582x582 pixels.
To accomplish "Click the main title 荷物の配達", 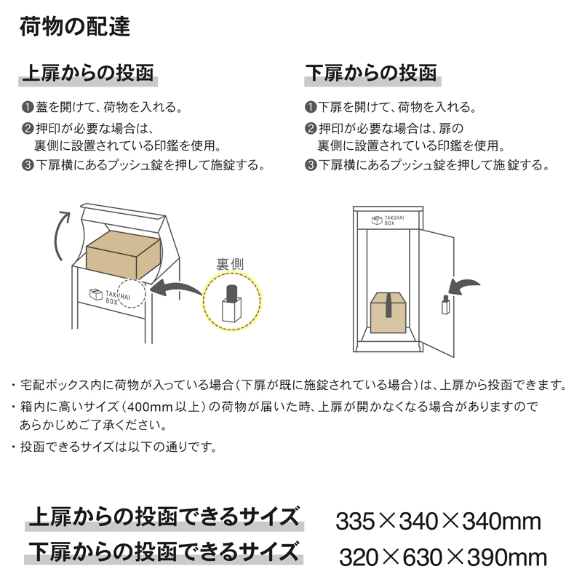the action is tap(75, 27).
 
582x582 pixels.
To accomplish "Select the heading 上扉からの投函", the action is tap(88, 73).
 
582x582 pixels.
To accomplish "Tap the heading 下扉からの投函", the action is tap(371, 73).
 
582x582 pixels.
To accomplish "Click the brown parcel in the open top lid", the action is tap(123, 255).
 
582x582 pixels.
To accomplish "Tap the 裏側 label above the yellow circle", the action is tap(230, 264).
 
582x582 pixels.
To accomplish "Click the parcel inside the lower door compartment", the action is tap(388, 312).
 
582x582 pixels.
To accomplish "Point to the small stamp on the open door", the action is tap(445, 305).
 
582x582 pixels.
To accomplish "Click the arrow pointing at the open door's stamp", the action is tap(463, 286).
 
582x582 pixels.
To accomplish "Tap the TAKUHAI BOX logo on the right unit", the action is tap(388, 220).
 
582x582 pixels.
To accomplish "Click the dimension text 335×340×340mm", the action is tap(439, 521).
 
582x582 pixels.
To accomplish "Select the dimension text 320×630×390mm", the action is tap(443, 557).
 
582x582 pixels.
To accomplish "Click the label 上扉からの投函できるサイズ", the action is tap(164, 517).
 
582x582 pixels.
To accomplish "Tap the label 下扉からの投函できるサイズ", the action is tap(164, 551).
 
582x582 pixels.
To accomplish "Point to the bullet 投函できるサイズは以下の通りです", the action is tap(118, 447).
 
